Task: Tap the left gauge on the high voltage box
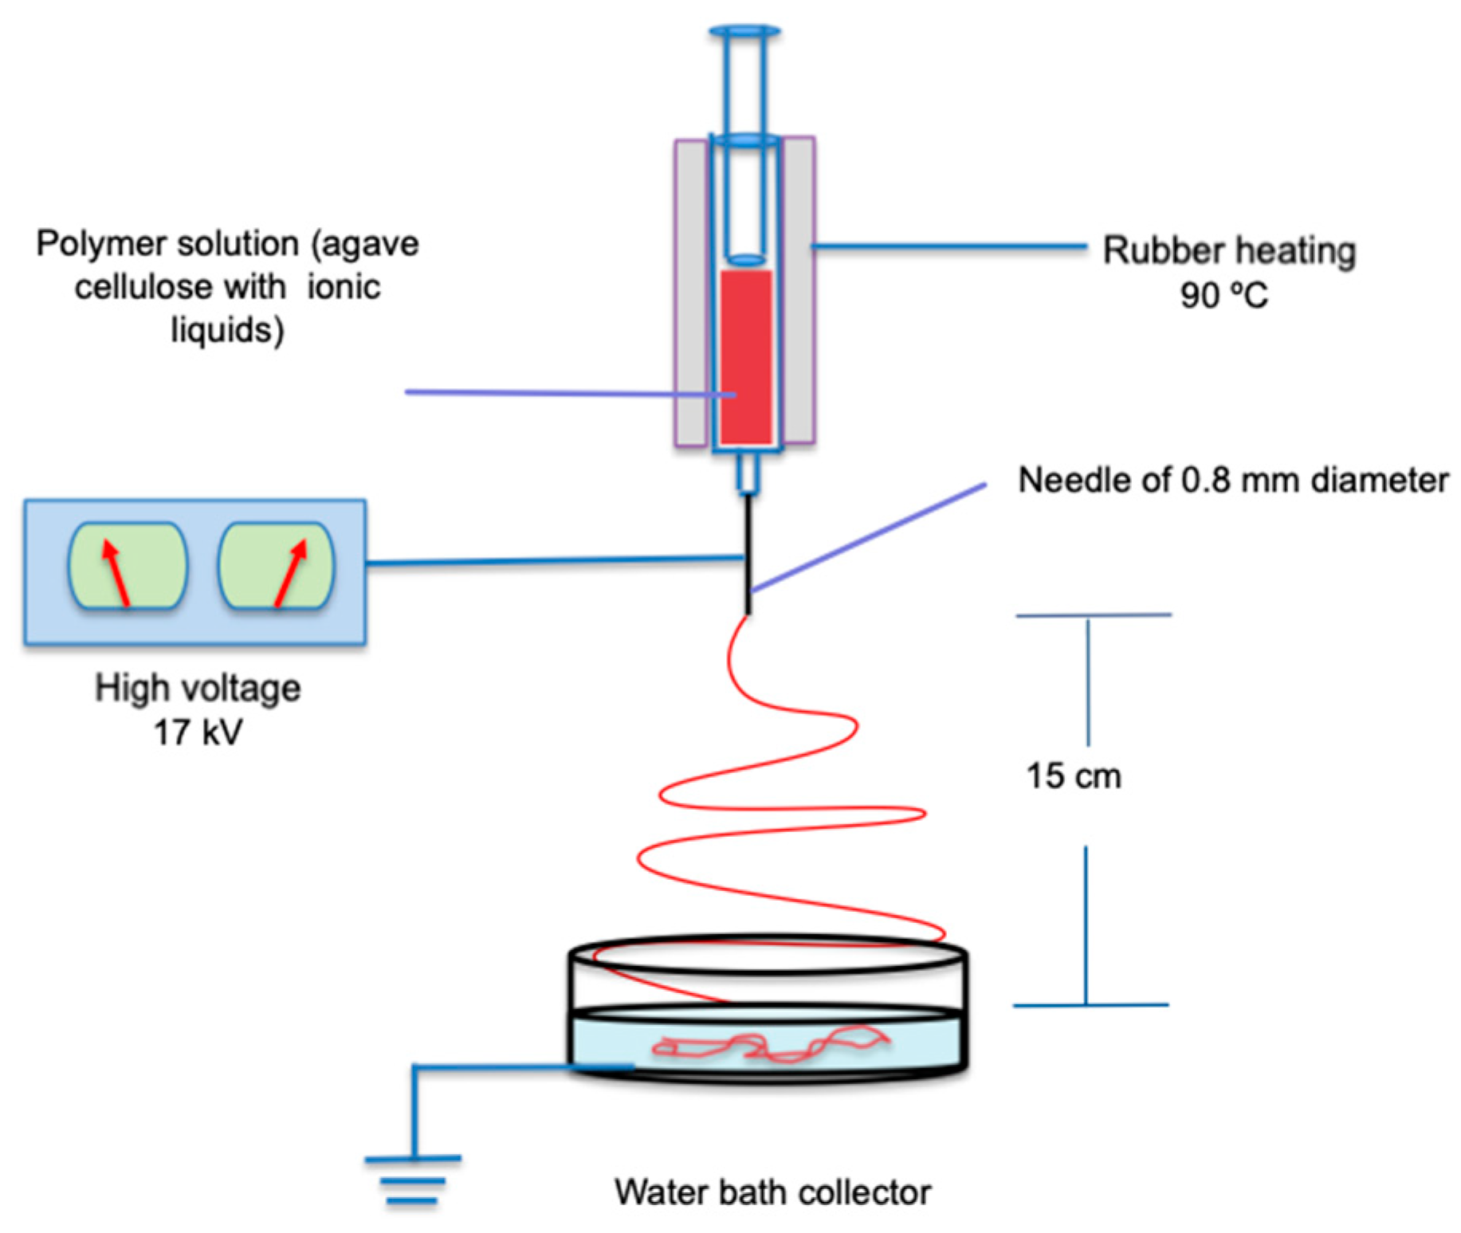point(128,565)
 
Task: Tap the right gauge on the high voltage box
point(277,565)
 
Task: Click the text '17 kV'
point(197,732)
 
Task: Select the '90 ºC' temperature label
point(1223,295)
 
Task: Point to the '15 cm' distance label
point(1073,776)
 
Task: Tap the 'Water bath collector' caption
point(772,1192)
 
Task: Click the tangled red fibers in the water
point(769,1045)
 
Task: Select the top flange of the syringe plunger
point(744,31)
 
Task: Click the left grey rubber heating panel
point(691,293)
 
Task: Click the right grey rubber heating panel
point(798,291)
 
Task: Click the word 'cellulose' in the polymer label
point(180,287)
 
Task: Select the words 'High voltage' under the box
point(198,688)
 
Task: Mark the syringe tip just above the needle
point(747,475)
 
